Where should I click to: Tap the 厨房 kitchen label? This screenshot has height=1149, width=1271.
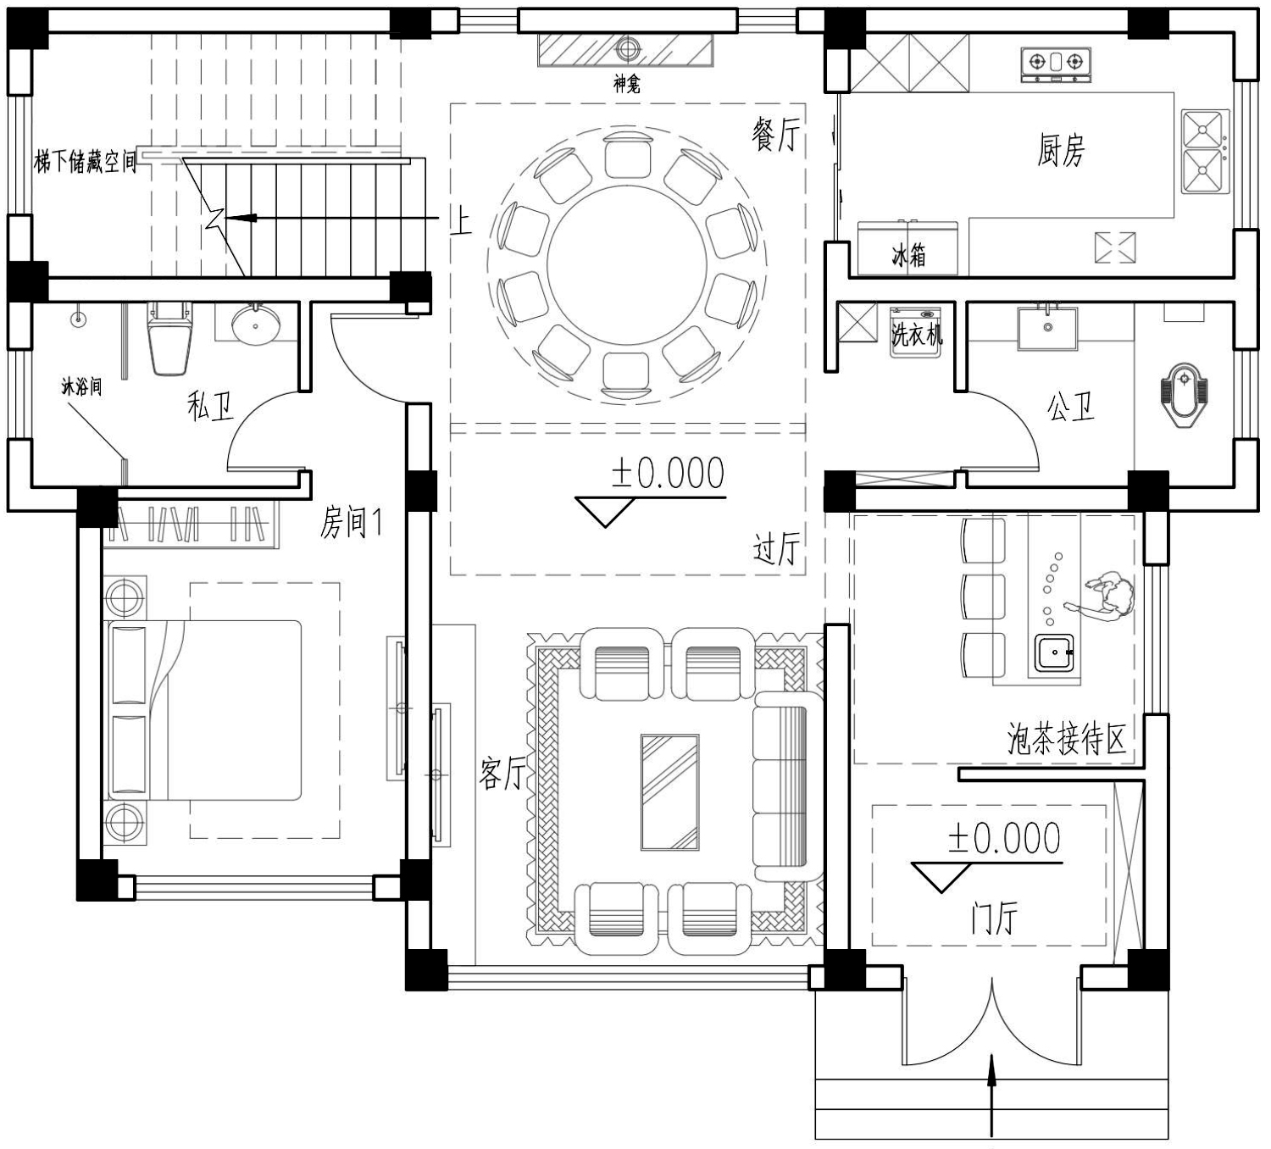tap(1061, 150)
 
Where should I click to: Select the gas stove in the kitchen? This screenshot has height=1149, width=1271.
tap(1056, 64)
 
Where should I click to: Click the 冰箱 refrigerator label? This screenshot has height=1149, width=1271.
tap(909, 255)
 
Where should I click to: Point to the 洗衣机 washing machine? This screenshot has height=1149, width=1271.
tap(916, 333)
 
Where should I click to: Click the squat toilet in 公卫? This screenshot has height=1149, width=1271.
tap(1184, 395)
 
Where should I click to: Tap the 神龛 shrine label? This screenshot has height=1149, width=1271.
tap(627, 84)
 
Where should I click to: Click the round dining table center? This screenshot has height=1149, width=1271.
tap(627, 263)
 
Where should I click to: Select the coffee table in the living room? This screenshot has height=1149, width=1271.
tap(669, 792)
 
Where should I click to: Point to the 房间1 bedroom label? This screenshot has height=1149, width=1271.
tap(352, 524)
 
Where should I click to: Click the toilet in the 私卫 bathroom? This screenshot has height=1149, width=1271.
tap(169, 339)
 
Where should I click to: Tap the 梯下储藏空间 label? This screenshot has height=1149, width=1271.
tap(86, 162)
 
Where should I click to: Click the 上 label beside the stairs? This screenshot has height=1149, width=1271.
tap(461, 222)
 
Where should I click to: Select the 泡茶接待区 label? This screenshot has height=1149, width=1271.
tap(1067, 739)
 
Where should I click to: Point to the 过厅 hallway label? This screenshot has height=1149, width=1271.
tap(777, 549)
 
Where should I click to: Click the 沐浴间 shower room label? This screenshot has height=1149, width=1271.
tap(81, 386)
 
